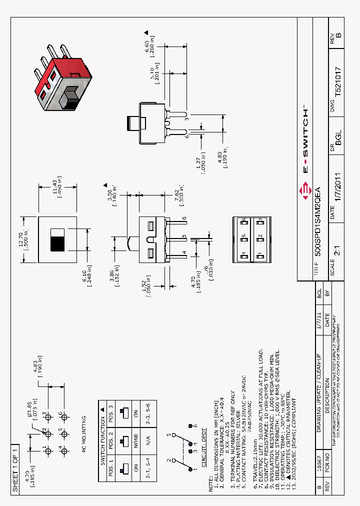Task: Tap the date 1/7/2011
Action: pyautogui.click(x=338, y=199)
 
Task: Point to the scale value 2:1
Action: pyautogui.click(x=338, y=263)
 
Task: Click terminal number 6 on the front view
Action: pyautogui.click(x=184, y=218)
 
